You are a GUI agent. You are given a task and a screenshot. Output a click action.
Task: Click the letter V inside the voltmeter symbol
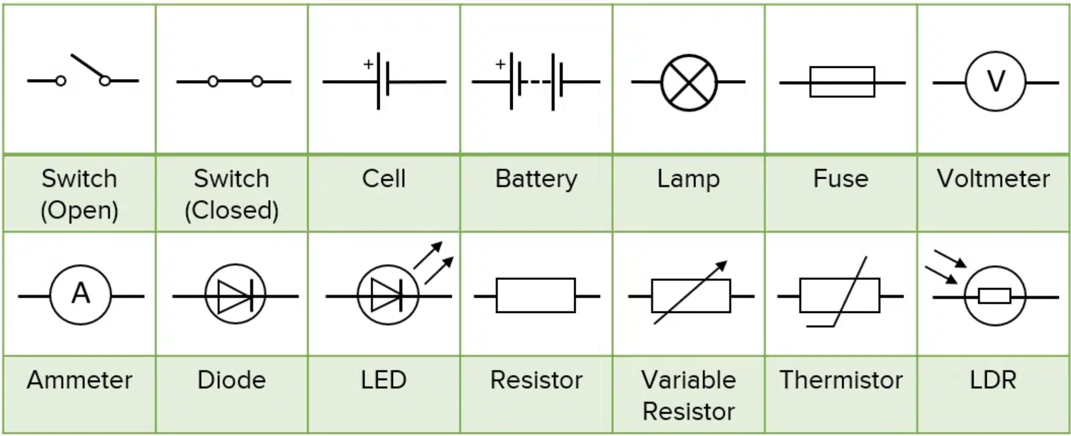coord(996,82)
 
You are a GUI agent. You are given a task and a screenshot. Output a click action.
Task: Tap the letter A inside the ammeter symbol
coord(81,293)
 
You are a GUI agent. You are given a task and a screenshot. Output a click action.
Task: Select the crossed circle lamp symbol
coord(689,82)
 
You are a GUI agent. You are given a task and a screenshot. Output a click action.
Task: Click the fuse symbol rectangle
coord(842,82)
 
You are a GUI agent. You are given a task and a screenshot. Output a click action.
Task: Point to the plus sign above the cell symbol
coord(368,64)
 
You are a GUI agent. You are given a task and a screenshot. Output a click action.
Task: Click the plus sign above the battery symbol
coord(500,64)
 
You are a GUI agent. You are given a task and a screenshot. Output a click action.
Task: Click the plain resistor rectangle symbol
coord(535,295)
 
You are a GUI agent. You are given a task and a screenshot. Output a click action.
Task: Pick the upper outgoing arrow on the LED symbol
coord(428,255)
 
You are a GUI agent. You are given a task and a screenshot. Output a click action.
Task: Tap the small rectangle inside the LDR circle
coord(995,296)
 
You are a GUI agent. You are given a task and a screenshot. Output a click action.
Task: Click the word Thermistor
coord(841,380)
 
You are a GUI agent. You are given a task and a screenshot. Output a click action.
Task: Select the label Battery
coord(536,179)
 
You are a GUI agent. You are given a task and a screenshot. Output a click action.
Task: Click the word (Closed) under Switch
coord(231,210)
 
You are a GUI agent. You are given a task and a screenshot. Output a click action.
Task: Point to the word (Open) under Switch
coord(79,211)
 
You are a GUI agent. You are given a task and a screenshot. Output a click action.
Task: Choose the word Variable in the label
coord(689,380)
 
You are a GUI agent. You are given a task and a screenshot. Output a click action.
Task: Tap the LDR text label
coord(993,380)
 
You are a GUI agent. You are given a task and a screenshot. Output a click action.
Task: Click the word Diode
coord(231,380)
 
